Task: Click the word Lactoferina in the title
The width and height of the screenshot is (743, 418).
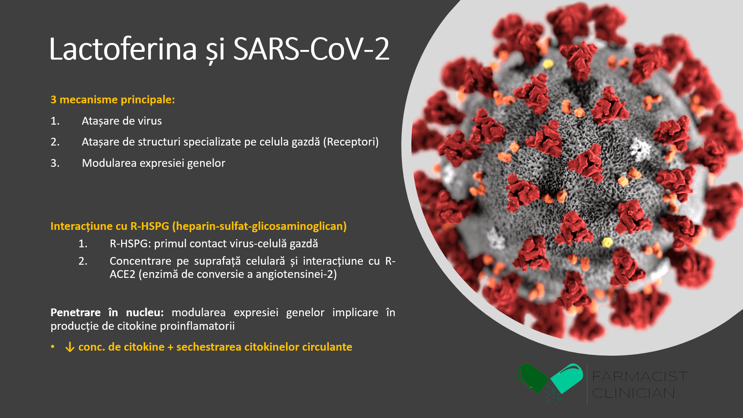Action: [x=123, y=49]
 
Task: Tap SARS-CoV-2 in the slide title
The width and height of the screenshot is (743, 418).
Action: [x=311, y=49]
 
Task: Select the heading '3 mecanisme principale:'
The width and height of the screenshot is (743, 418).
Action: [x=113, y=99]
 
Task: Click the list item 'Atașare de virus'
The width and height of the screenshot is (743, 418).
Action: [x=122, y=121]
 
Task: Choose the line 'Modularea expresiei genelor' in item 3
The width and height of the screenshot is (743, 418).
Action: [x=153, y=163]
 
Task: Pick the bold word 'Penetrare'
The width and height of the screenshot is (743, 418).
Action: [x=75, y=312]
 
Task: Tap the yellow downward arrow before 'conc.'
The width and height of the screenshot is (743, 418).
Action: [x=70, y=347]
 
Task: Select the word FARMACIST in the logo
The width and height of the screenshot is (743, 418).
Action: [x=640, y=376]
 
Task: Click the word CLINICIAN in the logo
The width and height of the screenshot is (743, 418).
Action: [x=633, y=393]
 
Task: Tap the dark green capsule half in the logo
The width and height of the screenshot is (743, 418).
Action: [x=532, y=378]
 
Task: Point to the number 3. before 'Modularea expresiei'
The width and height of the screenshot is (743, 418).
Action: [x=55, y=163]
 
